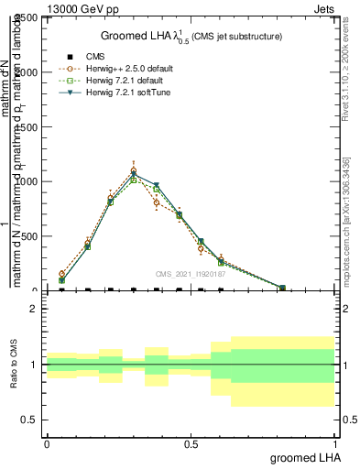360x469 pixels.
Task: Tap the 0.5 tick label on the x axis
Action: [191, 443]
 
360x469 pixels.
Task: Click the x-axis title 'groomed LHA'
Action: [302, 457]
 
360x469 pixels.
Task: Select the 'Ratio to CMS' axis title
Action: [14, 365]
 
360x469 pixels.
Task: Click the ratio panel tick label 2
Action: [34, 310]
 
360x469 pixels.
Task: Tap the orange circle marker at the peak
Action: [134, 170]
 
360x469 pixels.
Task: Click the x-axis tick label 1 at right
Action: [334, 443]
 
